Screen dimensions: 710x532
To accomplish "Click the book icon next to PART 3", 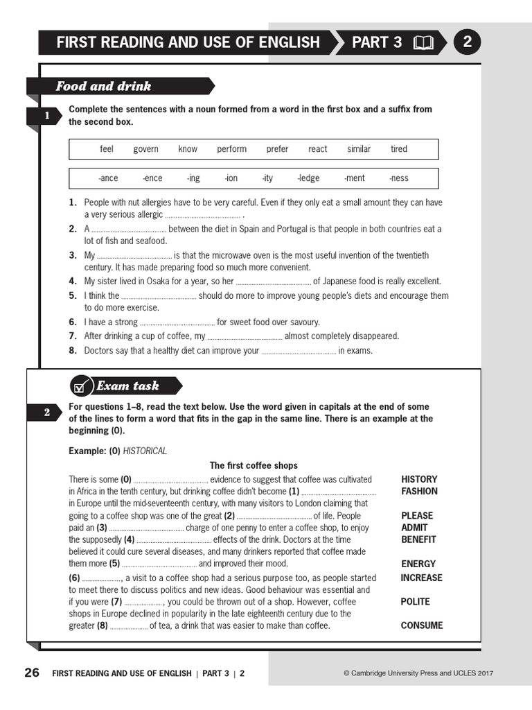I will click(423, 43).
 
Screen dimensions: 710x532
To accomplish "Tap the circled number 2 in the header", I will click(467, 42).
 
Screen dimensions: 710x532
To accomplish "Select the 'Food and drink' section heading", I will click(103, 87).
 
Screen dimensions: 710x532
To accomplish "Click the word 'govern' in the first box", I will click(145, 149).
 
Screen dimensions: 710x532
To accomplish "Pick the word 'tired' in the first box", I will click(399, 149).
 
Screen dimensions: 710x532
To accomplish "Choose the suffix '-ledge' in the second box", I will click(308, 178).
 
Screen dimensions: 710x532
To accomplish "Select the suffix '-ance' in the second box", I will click(108, 178).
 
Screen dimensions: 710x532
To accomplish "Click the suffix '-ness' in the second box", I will click(399, 178).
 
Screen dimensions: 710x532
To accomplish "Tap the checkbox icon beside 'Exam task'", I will click(81, 387).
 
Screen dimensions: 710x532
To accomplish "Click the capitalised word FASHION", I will click(419, 492).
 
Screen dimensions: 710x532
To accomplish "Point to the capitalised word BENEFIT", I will click(418, 539).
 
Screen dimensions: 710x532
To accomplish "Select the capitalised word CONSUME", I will click(422, 625).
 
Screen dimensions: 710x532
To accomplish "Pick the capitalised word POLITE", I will click(415, 602).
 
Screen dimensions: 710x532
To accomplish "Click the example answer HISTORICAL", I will click(145, 451).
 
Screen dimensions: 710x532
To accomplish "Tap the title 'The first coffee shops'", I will click(254, 466).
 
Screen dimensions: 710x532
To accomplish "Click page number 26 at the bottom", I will click(32, 673).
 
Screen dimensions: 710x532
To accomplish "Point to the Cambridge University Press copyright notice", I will click(418, 673).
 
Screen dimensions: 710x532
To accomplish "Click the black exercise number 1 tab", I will click(46, 116).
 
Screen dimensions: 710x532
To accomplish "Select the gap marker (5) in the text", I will click(114, 564).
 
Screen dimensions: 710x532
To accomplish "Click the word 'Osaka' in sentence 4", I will click(151, 282).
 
